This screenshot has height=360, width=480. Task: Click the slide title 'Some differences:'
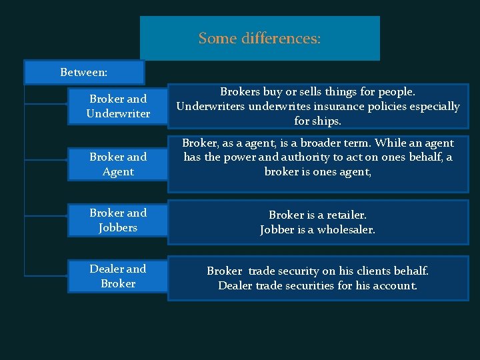tap(259, 39)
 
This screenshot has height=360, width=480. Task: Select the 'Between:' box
tap(84, 72)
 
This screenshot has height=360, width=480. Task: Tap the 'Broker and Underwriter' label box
tap(118, 106)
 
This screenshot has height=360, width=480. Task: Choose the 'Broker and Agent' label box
tap(118, 164)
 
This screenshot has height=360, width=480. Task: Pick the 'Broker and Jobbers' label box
tap(118, 220)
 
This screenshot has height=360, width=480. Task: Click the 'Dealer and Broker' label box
tap(118, 276)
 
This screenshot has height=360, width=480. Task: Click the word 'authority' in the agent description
tap(316, 157)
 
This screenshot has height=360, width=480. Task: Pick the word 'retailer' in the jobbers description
tap(346, 215)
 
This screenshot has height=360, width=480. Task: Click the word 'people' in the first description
tap(396, 91)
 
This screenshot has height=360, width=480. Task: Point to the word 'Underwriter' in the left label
tap(118, 113)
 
